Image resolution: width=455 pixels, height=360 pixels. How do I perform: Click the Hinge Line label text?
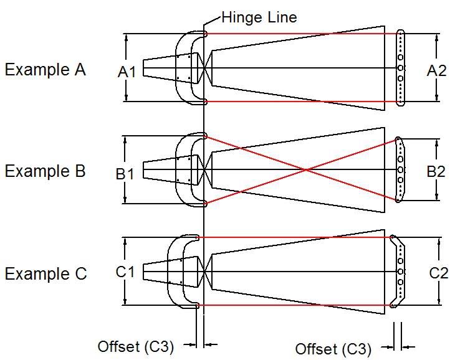pyautogui.click(x=259, y=17)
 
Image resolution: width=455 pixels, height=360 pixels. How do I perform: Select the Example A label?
pyautogui.click(x=45, y=70)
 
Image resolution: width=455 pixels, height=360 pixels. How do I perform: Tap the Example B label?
pyautogui.click(x=45, y=171)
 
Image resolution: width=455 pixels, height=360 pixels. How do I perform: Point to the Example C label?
pyautogui.click(x=45, y=274)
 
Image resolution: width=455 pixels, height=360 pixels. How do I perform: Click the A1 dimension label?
pyautogui.click(x=127, y=73)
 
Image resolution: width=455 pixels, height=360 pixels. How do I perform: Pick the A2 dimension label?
pyautogui.click(x=436, y=71)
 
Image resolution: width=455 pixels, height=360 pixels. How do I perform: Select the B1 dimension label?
pyautogui.click(x=125, y=174)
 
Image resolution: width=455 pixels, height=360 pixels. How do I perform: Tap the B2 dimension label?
pyautogui.click(x=436, y=171)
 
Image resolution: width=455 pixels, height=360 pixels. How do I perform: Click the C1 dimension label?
pyautogui.click(x=125, y=272)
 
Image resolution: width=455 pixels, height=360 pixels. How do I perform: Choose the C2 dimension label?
pyautogui.click(x=439, y=273)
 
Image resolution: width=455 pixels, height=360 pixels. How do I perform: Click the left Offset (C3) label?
pyautogui.click(x=136, y=346)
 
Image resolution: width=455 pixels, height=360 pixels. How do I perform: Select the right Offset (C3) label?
pyautogui.click(x=333, y=348)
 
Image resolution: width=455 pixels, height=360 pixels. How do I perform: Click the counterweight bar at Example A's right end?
pyautogui.click(x=400, y=67)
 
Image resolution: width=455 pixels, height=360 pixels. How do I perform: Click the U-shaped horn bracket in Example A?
pyautogui.click(x=181, y=67)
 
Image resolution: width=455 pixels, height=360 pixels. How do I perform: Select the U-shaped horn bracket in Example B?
pyautogui.click(x=181, y=169)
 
